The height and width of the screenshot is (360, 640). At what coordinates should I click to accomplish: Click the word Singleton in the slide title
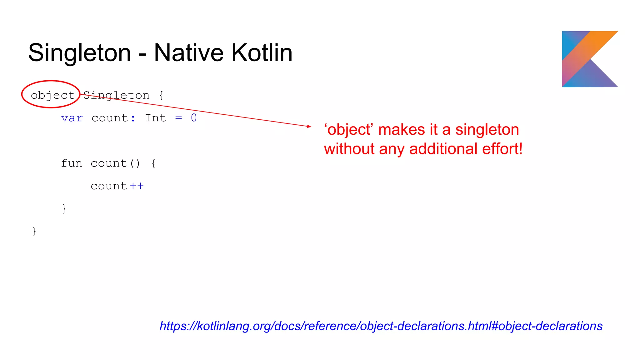79,53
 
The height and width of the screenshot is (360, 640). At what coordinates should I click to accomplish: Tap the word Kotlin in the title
262,53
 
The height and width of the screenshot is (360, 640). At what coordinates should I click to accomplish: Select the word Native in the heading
188,53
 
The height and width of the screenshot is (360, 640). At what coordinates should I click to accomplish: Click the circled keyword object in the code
52,95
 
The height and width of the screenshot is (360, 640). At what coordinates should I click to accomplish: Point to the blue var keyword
72,118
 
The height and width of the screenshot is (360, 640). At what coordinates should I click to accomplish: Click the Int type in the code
155,118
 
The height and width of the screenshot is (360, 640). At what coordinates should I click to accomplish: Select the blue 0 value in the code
194,118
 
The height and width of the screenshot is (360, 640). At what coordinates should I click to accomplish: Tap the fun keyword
72,163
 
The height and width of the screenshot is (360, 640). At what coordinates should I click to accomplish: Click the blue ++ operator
137,186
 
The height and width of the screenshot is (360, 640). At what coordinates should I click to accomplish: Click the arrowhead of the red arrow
309,126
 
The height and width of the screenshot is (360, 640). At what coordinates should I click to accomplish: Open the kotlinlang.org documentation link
381,326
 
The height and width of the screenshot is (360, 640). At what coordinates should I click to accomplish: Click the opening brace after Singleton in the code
161,95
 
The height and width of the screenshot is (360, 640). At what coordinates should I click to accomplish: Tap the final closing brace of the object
34,231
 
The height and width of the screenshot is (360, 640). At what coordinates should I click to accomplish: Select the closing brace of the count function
64,208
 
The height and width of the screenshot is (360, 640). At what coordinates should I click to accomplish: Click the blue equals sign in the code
178,118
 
